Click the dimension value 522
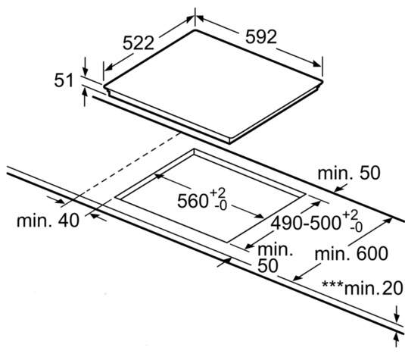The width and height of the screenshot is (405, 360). [x=139, y=43]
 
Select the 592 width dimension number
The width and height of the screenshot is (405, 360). [x=261, y=36]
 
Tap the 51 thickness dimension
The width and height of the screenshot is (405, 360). [x=64, y=80]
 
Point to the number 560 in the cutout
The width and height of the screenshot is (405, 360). [x=193, y=201]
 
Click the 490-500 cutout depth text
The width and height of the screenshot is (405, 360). [x=306, y=223]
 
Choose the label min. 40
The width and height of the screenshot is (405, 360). [x=48, y=221]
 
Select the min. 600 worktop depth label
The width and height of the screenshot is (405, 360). [x=351, y=253]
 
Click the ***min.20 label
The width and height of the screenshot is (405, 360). [x=362, y=287]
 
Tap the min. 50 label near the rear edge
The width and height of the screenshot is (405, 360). [x=349, y=173]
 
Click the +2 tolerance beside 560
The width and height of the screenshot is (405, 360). [x=218, y=193]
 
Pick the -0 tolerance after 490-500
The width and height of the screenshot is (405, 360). [x=357, y=227]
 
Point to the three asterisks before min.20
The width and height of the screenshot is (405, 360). [x=332, y=285]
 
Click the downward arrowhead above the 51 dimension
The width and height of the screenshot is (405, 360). [x=85, y=71]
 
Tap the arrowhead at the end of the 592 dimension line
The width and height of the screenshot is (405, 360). [x=317, y=64]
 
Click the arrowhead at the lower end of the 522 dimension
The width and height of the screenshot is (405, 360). [x=109, y=67]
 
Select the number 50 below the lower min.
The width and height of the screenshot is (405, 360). [x=268, y=265]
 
